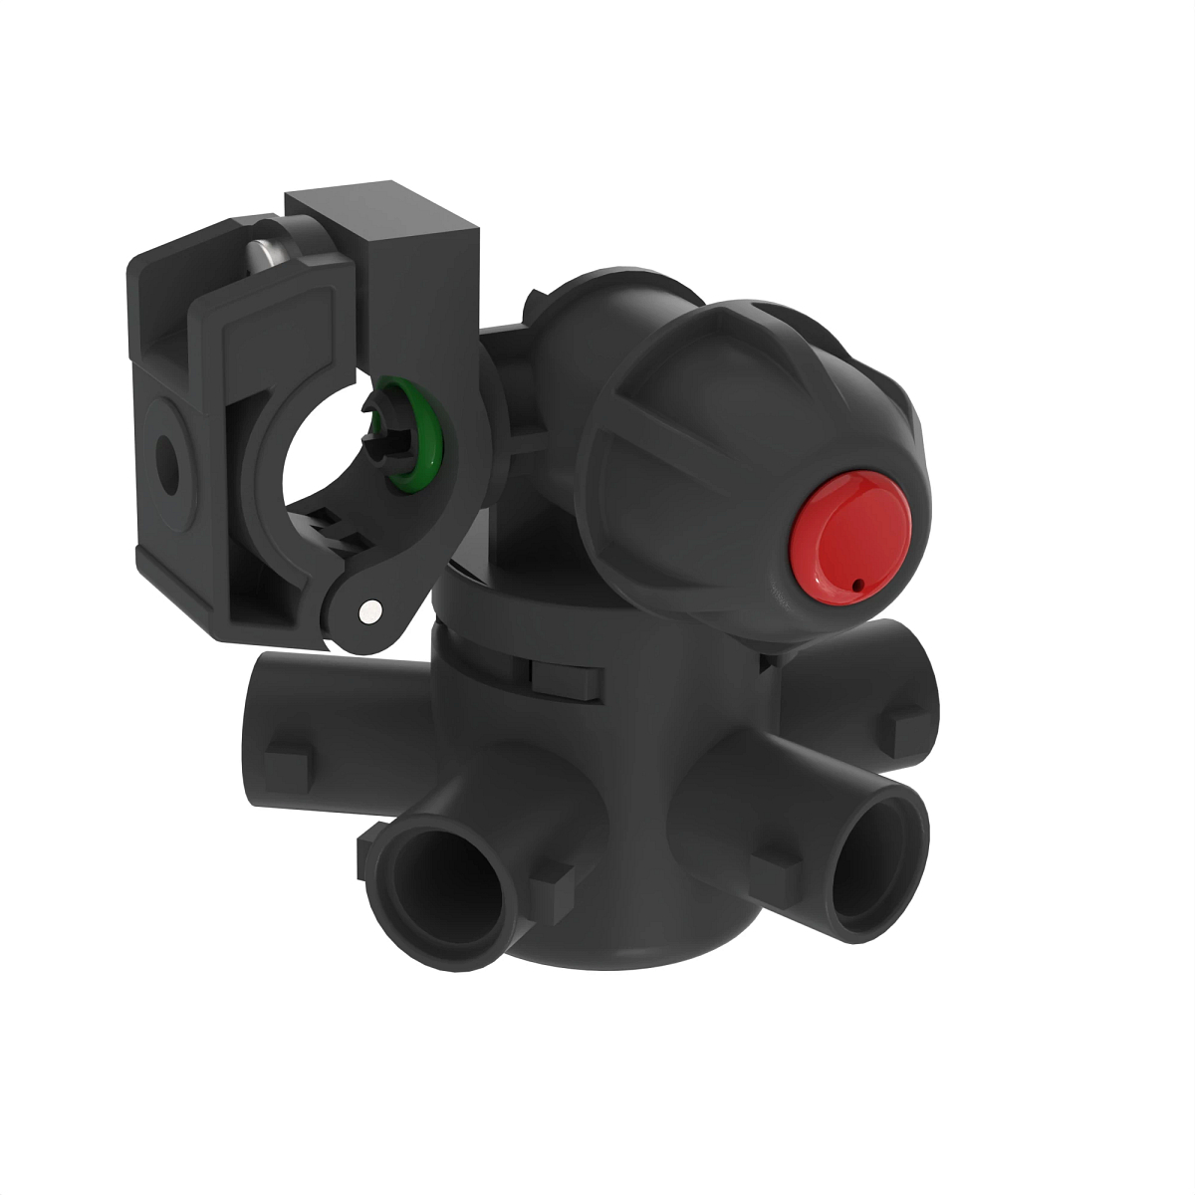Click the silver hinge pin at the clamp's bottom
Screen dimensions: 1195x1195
tap(371, 608)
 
